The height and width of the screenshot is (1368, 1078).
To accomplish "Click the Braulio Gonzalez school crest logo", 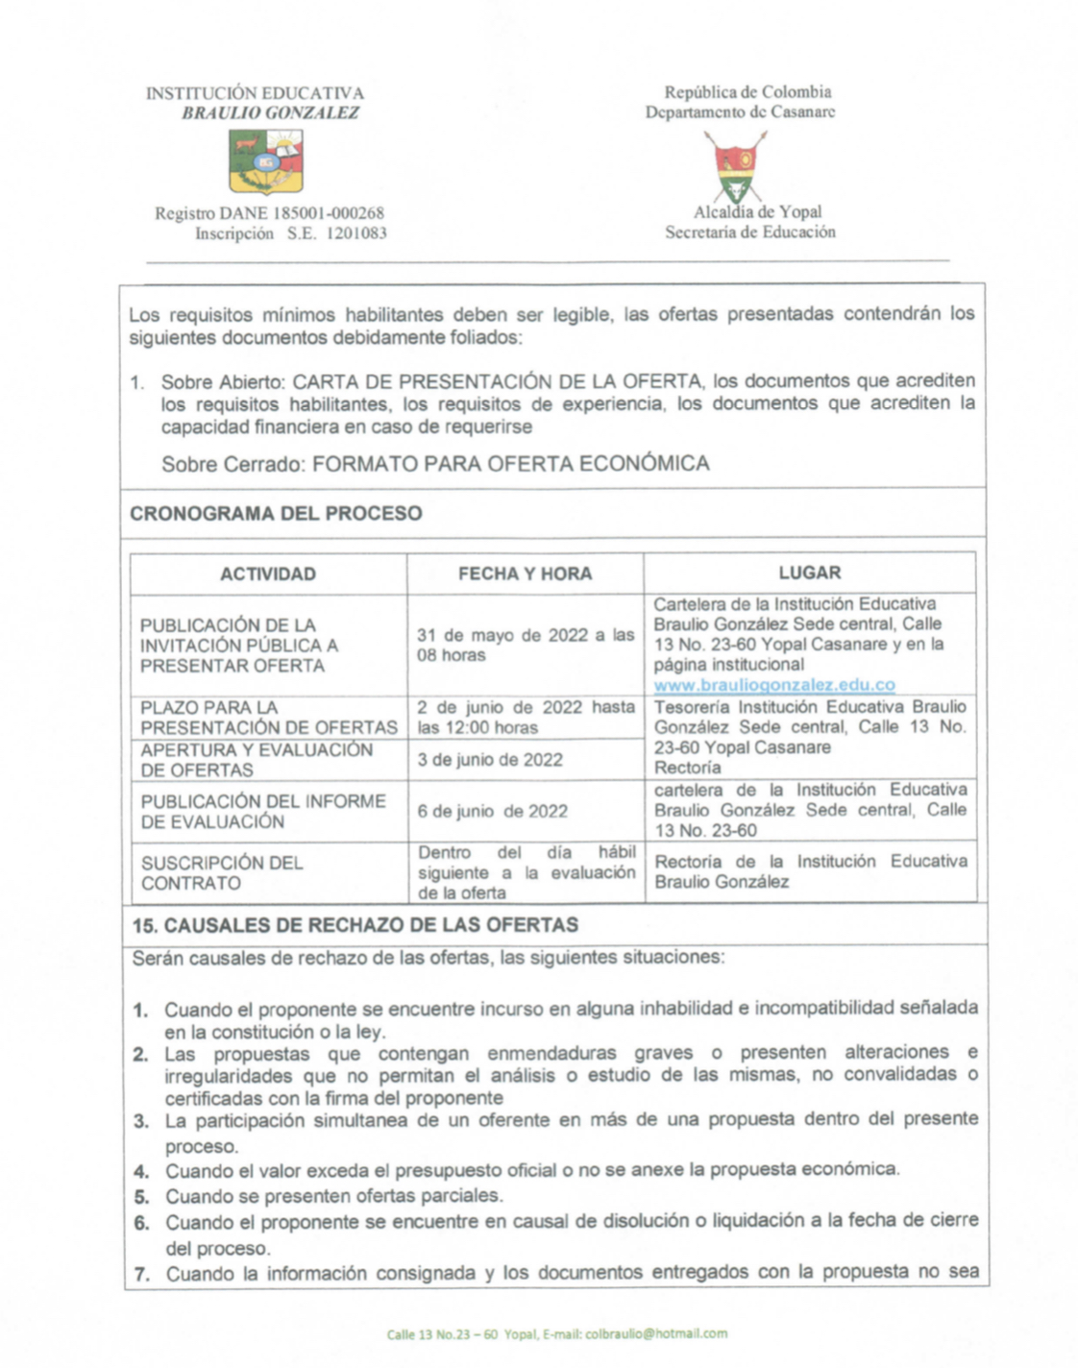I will (266, 161).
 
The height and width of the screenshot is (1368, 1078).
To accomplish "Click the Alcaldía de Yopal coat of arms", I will (736, 166).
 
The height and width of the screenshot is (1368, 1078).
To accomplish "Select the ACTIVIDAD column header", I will (268, 574).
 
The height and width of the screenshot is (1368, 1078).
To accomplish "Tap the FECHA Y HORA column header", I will (525, 574).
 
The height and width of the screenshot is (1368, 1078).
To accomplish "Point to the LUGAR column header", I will (809, 573).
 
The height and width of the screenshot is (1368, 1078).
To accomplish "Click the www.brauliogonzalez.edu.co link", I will (773, 685).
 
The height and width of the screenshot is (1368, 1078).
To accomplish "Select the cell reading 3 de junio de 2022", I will (490, 760).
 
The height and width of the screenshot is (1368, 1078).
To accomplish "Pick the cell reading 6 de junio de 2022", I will (492, 811).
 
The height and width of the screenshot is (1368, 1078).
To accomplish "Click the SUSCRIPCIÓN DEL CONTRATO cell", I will (223, 872).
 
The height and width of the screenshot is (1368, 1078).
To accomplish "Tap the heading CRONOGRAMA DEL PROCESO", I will (276, 513).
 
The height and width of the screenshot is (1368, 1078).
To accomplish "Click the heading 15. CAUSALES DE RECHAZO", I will (355, 925).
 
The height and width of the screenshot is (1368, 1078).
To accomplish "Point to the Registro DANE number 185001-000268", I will (329, 213).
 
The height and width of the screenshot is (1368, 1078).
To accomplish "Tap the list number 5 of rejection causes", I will (141, 1197).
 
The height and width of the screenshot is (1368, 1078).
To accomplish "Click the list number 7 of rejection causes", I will (141, 1275).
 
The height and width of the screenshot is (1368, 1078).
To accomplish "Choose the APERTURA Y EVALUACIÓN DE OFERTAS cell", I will (257, 760).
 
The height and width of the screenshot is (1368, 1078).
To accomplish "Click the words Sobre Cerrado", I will (232, 464).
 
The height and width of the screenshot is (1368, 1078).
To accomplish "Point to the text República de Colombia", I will (747, 92).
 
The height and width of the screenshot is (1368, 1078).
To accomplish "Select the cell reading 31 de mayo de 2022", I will (525, 645).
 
